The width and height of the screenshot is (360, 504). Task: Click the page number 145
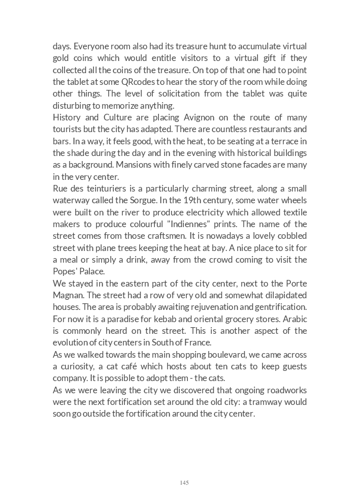click(x=184, y=483)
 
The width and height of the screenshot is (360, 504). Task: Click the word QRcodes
click(x=138, y=82)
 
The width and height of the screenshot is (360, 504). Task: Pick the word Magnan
click(x=68, y=295)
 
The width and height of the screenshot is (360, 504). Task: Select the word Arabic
click(x=294, y=319)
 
